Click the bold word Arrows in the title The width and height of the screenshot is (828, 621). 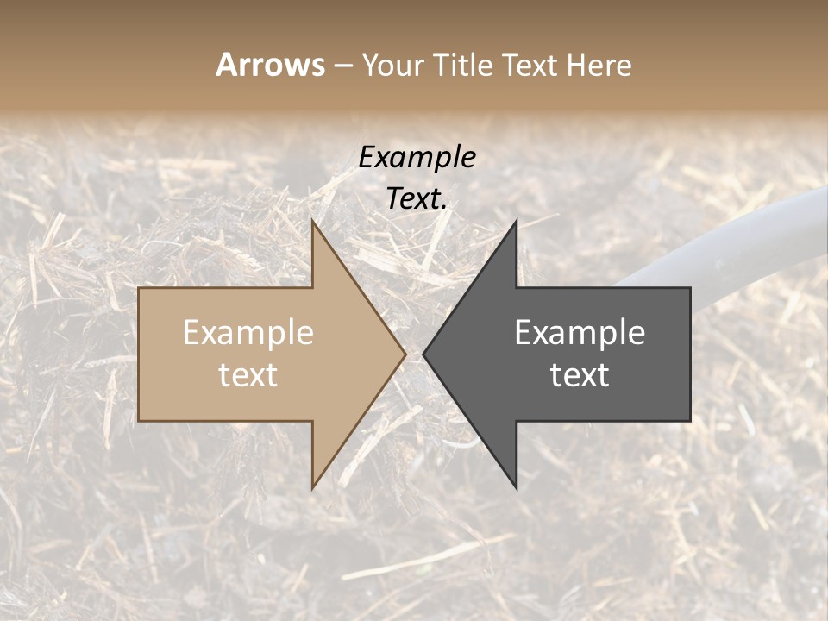270,65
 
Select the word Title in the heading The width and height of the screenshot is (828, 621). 463,66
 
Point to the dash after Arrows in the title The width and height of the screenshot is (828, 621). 342,66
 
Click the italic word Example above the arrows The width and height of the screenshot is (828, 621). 417,157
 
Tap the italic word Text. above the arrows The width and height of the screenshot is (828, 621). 417,199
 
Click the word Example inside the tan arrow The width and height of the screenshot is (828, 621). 248,333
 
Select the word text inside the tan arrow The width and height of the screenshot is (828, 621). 248,375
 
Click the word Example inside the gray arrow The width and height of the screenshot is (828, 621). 580,333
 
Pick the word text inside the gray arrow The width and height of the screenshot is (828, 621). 580,375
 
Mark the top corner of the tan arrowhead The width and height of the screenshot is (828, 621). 313,222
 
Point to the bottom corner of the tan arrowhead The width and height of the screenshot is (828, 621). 313,487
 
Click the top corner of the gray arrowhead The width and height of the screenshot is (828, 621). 516,222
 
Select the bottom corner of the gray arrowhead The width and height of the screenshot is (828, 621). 516,487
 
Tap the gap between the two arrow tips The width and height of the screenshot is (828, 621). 414,354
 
